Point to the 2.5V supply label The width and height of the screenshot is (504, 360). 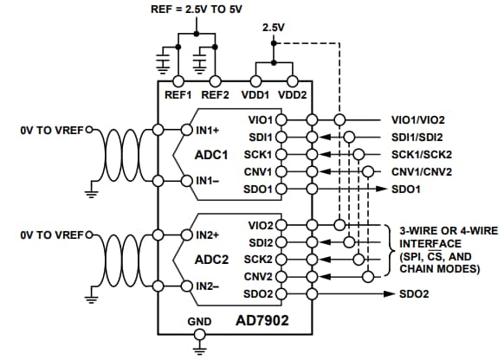(x=275, y=29)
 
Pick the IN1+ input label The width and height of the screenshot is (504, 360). (x=207, y=131)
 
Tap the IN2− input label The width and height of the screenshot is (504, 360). (x=207, y=285)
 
